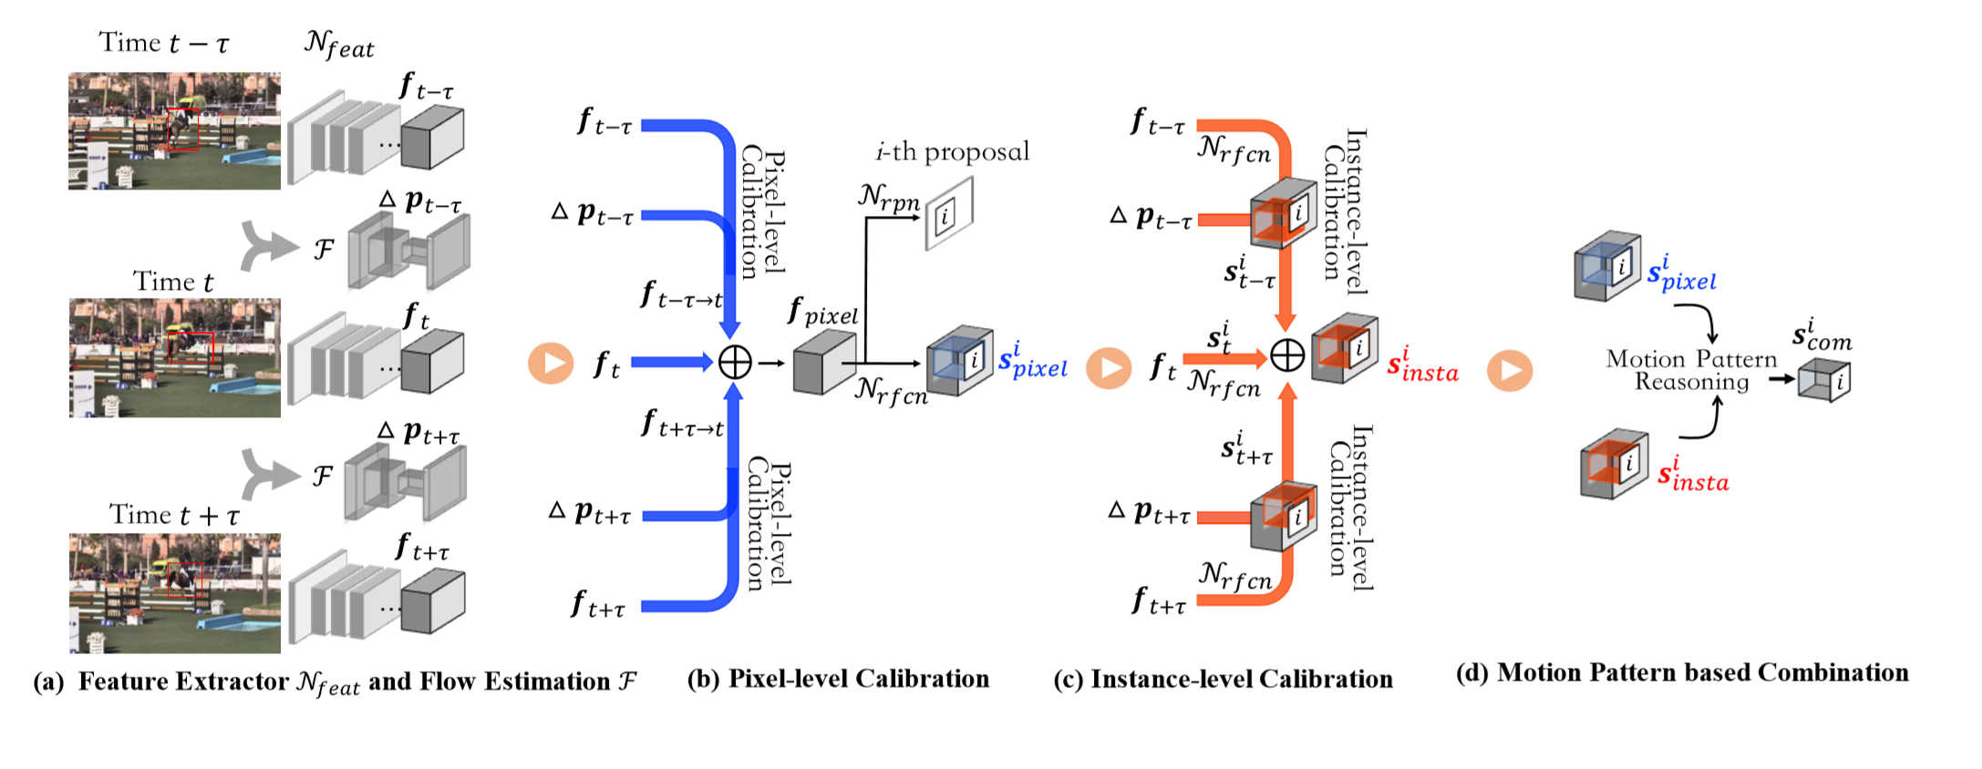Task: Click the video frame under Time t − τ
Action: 174,131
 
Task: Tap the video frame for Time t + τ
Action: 175,593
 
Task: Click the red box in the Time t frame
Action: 191,347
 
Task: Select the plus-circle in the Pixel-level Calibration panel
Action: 735,363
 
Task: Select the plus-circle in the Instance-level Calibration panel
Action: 1287,355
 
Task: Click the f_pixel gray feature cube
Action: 824,362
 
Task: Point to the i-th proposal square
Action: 949,213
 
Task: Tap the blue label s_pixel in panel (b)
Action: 1033,361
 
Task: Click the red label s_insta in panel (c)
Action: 1423,364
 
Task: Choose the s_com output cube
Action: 1824,379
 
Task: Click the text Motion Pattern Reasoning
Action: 1692,370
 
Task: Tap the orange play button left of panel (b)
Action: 551,363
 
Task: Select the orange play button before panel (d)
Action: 1510,371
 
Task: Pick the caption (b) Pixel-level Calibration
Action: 838,679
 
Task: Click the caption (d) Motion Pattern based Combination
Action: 1682,672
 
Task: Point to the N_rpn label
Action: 889,197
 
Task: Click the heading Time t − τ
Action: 164,42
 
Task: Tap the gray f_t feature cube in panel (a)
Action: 433,363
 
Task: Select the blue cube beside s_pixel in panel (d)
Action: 1607,265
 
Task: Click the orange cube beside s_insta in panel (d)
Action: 1615,464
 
